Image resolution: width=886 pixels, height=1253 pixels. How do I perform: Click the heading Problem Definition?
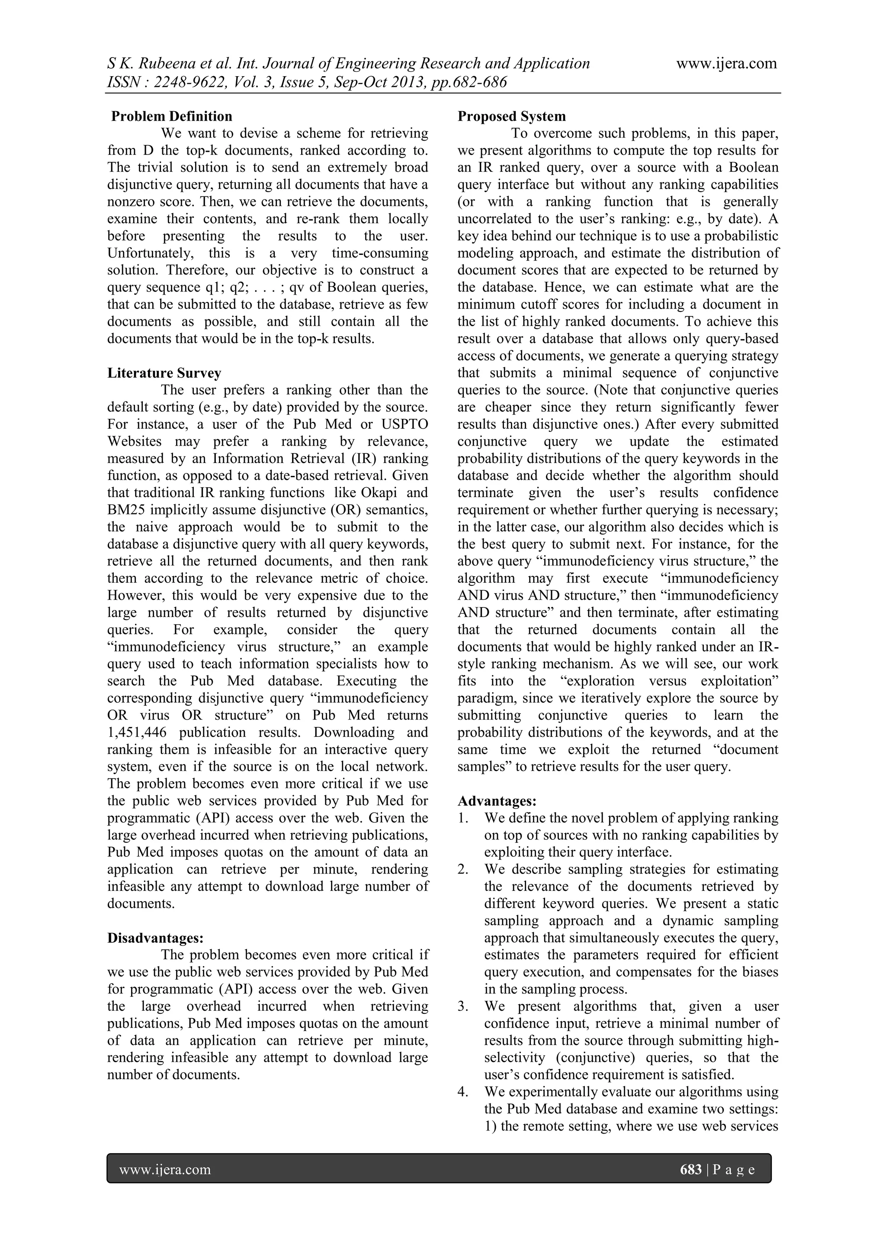tap(171, 116)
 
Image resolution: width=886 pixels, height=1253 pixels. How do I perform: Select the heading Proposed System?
tap(511, 116)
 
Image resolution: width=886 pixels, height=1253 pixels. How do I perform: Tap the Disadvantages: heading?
tap(155, 938)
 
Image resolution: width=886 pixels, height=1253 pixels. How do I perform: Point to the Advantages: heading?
tap(497, 801)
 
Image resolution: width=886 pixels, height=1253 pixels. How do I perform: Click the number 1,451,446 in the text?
tap(138, 733)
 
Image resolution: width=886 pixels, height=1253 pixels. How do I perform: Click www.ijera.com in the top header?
tap(726, 64)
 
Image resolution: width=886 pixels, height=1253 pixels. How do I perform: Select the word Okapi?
tap(379, 493)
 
